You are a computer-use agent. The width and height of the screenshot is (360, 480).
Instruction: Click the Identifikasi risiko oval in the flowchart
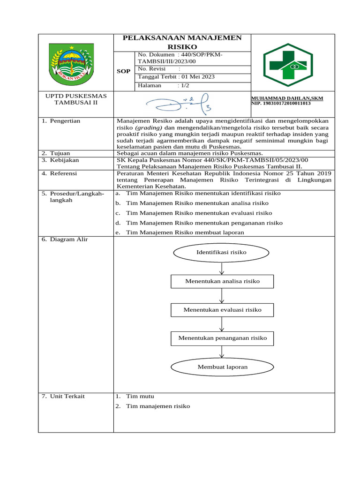pyautogui.click(x=221, y=253)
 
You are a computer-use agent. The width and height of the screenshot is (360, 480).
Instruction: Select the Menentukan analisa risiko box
pyautogui.click(x=222, y=281)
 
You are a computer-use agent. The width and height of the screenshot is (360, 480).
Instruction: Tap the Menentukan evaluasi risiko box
pyautogui.click(x=222, y=310)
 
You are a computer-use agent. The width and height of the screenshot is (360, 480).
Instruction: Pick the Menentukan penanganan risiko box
pyautogui.click(x=222, y=338)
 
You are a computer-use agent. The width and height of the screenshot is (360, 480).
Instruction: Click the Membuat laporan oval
pyautogui.click(x=222, y=367)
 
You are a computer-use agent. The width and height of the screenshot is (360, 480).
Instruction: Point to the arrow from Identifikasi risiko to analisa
pyautogui.click(x=222, y=268)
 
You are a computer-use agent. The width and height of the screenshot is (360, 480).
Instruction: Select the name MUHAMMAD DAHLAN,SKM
pyautogui.click(x=287, y=98)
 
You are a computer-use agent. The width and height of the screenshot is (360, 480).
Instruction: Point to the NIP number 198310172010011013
pyautogui.click(x=281, y=103)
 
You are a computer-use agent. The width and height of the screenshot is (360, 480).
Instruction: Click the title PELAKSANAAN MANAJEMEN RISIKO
pyautogui.click(x=182, y=42)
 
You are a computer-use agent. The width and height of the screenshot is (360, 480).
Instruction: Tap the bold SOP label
pyautogui.click(x=124, y=71)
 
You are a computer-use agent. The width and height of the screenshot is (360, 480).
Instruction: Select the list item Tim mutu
pyautogui.click(x=140, y=396)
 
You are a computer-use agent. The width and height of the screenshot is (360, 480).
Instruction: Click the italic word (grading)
pyautogui.click(x=149, y=127)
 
